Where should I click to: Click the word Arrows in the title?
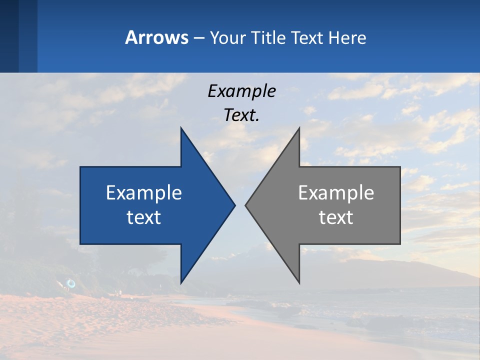click(156, 37)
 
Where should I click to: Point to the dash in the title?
click(198, 38)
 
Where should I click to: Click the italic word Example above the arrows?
click(241, 91)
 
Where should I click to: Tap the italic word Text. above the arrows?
click(241, 115)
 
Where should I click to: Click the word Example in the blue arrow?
click(144, 192)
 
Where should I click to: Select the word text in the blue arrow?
click(144, 217)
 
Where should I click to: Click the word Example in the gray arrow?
click(336, 192)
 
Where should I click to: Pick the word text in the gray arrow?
click(336, 217)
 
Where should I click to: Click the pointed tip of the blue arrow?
click(234, 205)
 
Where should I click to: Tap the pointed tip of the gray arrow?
click(246, 205)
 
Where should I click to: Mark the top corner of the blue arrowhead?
click(181, 128)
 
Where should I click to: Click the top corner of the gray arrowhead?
click(299, 128)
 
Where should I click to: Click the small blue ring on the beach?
click(71, 284)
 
